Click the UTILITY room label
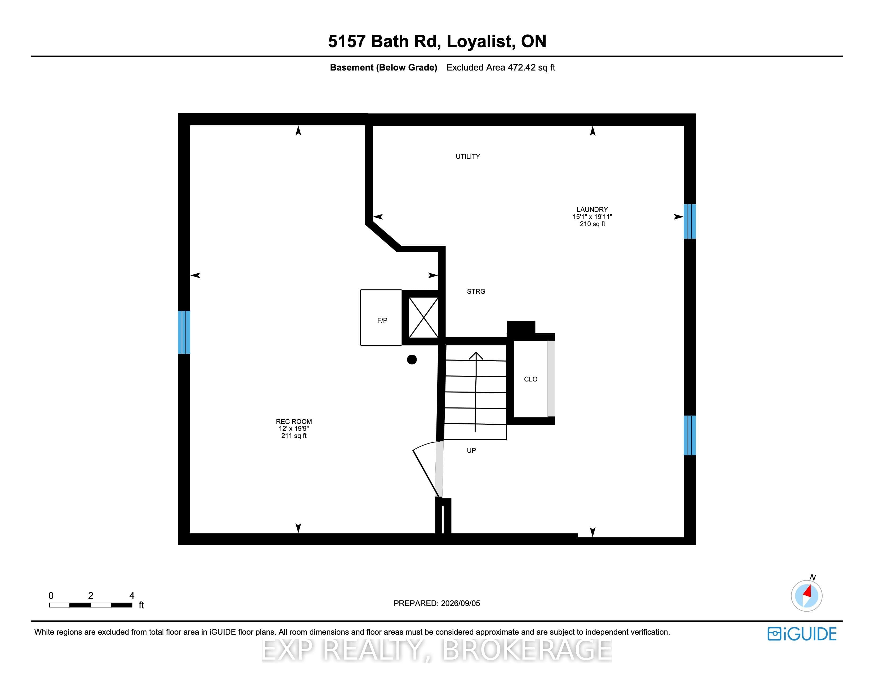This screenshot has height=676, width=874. (x=467, y=157)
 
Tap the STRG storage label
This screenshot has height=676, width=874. (x=476, y=292)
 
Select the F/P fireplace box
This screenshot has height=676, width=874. (x=381, y=317)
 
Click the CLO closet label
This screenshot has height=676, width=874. (x=531, y=379)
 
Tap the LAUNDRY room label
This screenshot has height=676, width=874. (x=592, y=209)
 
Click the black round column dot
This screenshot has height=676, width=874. (x=412, y=360)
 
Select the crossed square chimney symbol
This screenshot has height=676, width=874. (x=423, y=318)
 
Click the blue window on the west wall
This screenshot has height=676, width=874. (x=184, y=332)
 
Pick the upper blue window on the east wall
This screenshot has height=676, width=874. (x=689, y=221)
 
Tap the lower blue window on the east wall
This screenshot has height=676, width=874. (x=689, y=435)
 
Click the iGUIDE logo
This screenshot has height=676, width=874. (x=802, y=634)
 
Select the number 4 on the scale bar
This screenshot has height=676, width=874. (x=132, y=595)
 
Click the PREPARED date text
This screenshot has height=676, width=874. (x=436, y=603)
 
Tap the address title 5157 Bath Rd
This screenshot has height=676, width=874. (x=384, y=41)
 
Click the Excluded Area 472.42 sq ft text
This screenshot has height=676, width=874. (x=501, y=67)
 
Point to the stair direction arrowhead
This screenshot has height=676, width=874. (x=476, y=355)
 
